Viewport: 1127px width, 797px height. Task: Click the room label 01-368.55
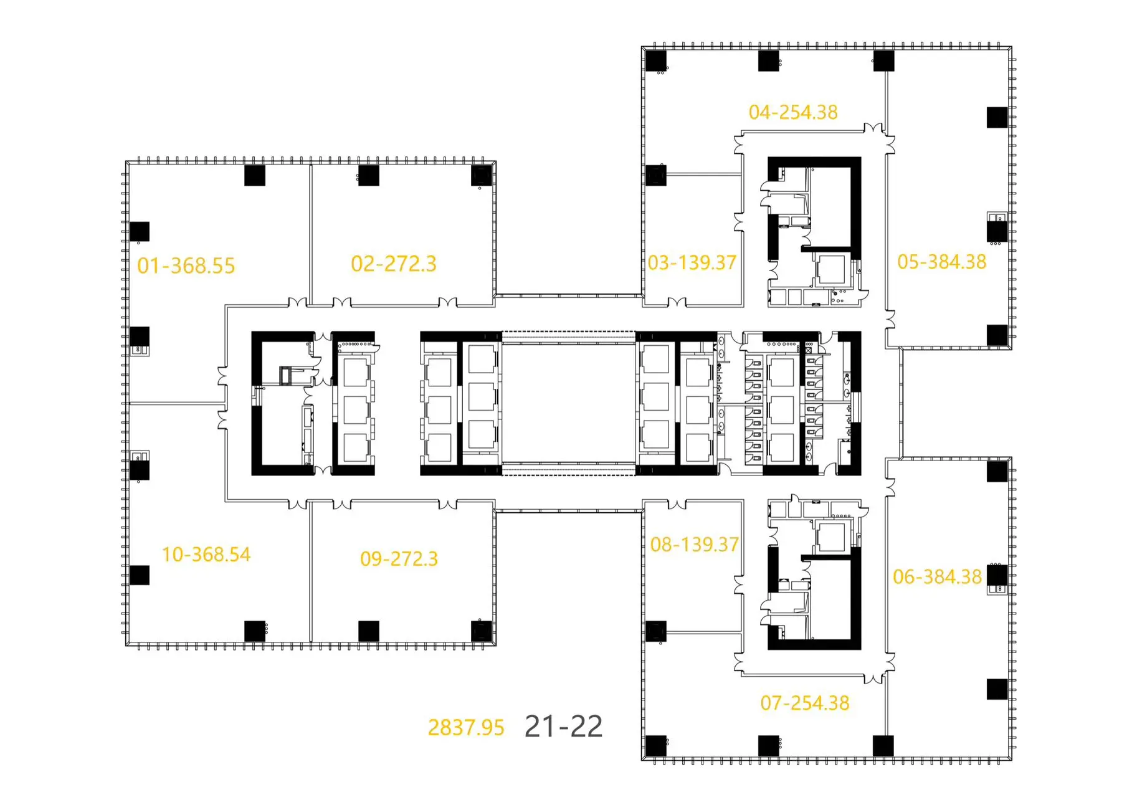[x=186, y=266]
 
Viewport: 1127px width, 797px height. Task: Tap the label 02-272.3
[x=393, y=264]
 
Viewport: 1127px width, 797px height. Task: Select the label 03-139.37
[x=692, y=262]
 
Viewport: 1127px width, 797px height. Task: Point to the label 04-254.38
[x=793, y=112]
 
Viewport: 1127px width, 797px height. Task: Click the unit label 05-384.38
[x=941, y=262]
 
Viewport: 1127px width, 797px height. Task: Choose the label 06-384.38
[x=937, y=577]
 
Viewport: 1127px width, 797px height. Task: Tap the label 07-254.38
[x=804, y=703]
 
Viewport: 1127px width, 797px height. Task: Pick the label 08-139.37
[x=694, y=545]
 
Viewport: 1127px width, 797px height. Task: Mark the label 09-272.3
[x=399, y=558]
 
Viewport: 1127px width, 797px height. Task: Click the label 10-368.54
[x=206, y=554]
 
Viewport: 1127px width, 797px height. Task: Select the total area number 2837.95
[x=466, y=727]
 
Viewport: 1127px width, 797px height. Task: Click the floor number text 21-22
[x=564, y=726]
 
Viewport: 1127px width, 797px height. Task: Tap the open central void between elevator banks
[x=568, y=404]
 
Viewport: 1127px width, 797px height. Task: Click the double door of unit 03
[x=677, y=303]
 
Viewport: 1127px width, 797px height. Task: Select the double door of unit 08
[x=677, y=504]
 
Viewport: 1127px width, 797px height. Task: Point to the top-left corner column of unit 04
[x=656, y=61]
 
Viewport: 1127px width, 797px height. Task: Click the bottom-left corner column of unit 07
[x=656, y=746]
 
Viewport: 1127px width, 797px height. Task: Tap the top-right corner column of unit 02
[x=482, y=176]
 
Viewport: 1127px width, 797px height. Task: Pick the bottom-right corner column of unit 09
[x=482, y=631]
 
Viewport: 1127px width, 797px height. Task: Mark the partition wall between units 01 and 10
[x=178, y=404]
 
